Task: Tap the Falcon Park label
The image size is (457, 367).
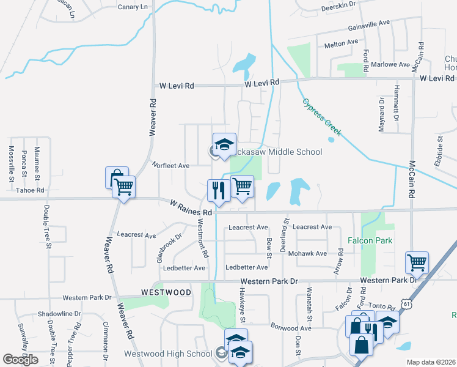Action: (370, 240)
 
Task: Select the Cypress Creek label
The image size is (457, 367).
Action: (323, 118)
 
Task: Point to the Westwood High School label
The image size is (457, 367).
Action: (168, 354)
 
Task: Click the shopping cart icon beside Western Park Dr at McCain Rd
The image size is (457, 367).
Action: (417, 263)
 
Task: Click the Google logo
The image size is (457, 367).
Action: (20, 360)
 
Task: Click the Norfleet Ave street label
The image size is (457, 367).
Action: (171, 165)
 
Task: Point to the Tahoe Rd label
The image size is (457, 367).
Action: (31, 190)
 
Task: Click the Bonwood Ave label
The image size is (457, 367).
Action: (291, 328)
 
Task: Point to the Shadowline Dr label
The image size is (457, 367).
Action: (59, 314)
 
